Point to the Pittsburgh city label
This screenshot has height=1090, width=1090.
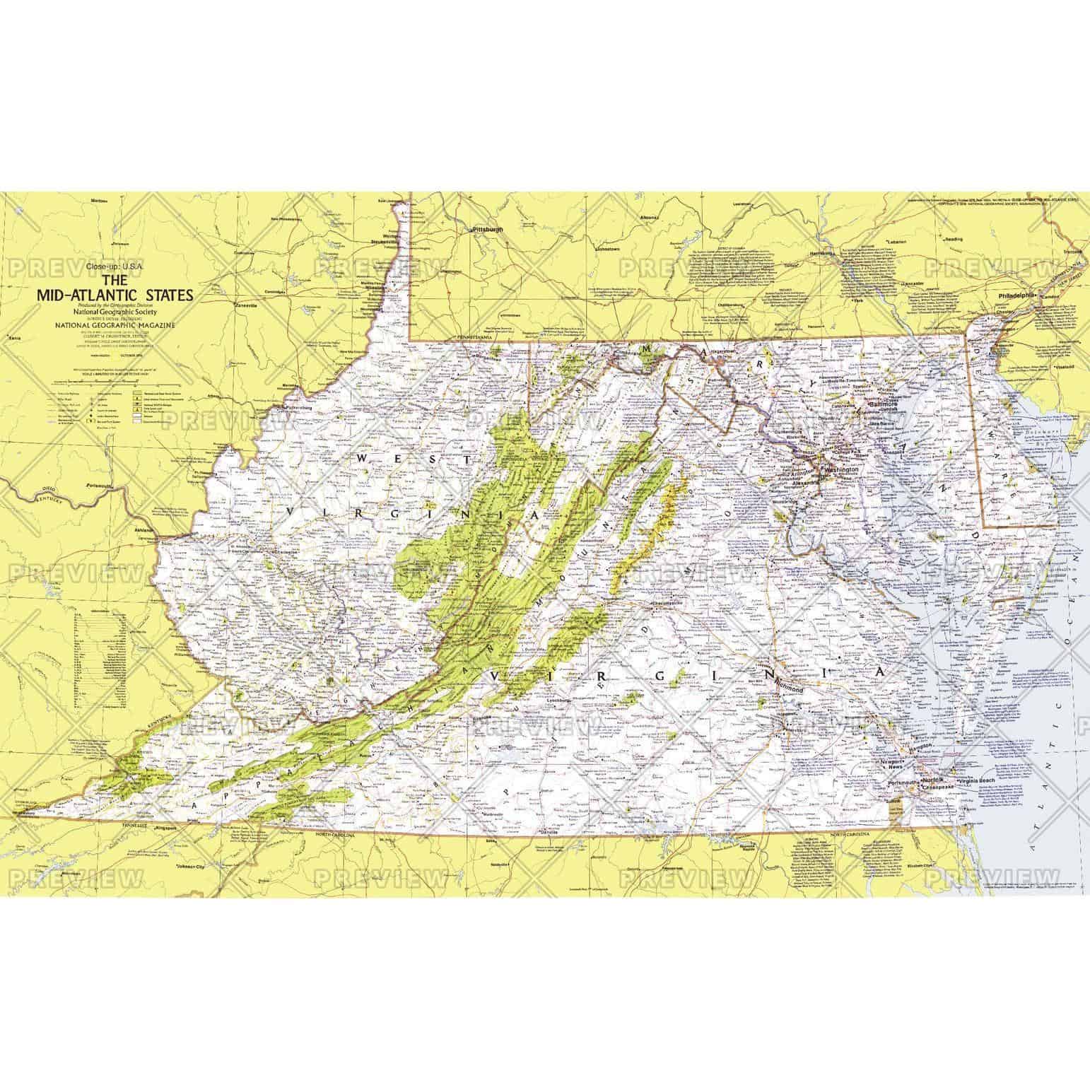pyautogui.click(x=488, y=230)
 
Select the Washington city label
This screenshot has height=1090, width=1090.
pyautogui.click(x=840, y=469)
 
